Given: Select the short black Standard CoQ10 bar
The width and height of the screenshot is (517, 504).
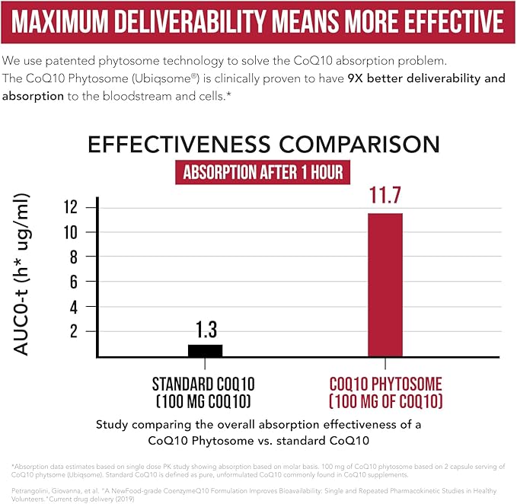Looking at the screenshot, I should coord(205,350).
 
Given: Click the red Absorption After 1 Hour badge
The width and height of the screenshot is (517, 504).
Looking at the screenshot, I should coord(260,172).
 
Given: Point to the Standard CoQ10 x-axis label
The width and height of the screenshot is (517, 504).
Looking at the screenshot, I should coord(204,391).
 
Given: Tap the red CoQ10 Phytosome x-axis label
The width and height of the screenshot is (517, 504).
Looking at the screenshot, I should coord(385,391).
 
